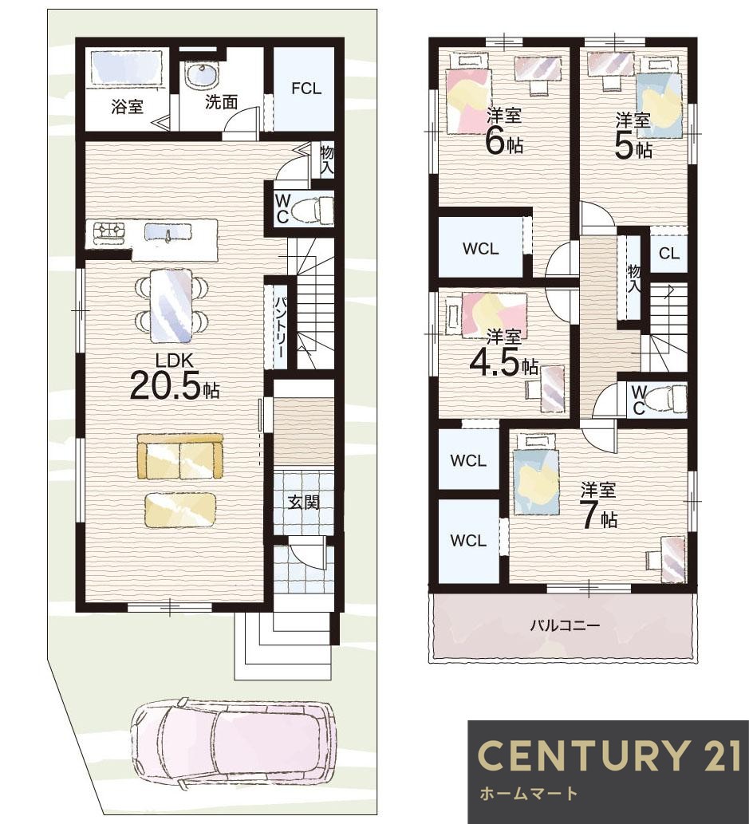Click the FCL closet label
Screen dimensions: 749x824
pyautogui.click(x=306, y=89)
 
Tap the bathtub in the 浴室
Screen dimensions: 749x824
pyautogui.click(x=125, y=67)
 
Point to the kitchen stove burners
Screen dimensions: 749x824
pyautogui.click(x=108, y=231)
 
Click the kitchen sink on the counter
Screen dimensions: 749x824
pyautogui.click(x=168, y=232)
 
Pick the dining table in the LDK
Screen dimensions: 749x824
pyautogui.click(x=171, y=306)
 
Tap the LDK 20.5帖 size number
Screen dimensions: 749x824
pyautogui.click(x=166, y=385)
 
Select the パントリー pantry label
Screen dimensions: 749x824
pyautogui.click(x=280, y=327)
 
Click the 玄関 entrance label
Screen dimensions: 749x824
pyautogui.click(x=304, y=502)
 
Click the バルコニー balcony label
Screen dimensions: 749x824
pyautogui.click(x=565, y=625)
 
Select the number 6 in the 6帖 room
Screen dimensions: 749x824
pyautogui.click(x=495, y=141)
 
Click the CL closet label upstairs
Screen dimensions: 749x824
pyautogui.click(x=668, y=254)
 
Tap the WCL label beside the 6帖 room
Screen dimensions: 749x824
pyautogui.click(x=480, y=249)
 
